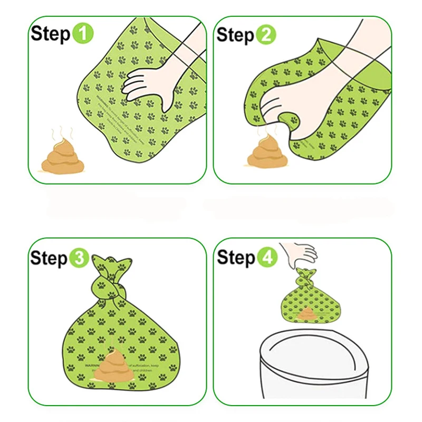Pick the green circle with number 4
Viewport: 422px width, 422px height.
(266, 258)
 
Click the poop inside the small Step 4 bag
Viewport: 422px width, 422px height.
(306, 314)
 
